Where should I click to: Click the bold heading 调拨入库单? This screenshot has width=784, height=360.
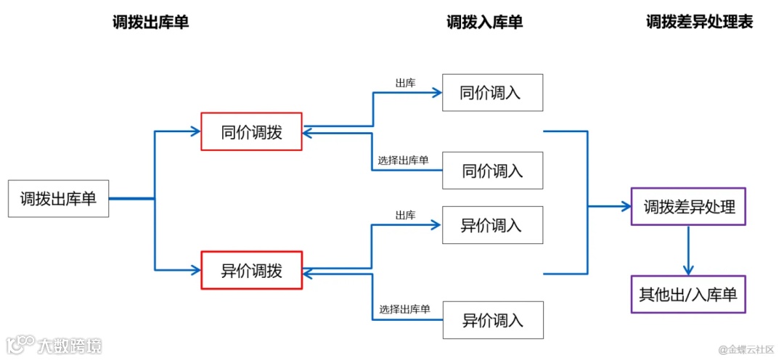[x=484, y=22]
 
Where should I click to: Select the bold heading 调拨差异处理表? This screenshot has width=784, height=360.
[x=700, y=22]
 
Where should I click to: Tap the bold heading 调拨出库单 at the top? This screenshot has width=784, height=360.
[x=151, y=22]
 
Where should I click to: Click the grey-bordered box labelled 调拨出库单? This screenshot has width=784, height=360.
[x=58, y=199]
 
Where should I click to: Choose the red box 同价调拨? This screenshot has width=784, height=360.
[x=251, y=131]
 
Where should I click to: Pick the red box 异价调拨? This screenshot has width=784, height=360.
[x=251, y=271]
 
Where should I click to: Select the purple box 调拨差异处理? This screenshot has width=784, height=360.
[x=689, y=207]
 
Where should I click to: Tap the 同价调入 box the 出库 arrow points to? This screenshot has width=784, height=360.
[x=492, y=92]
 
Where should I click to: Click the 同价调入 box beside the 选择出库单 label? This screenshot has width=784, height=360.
[x=492, y=171]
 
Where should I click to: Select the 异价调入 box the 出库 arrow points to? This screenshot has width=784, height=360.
[x=492, y=224]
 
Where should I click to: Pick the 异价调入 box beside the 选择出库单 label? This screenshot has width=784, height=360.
[x=492, y=319]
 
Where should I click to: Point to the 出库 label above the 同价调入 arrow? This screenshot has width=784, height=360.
[x=405, y=83]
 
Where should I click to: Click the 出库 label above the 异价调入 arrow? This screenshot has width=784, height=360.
[x=405, y=215]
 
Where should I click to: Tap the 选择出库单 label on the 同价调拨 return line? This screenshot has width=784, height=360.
[x=403, y=160]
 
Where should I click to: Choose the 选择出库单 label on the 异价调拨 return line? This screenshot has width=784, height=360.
[x=404, y=309]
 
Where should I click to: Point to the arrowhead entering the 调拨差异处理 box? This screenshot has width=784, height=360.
[x=626, y=207]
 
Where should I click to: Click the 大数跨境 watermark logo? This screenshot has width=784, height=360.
[x=54, y=344]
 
